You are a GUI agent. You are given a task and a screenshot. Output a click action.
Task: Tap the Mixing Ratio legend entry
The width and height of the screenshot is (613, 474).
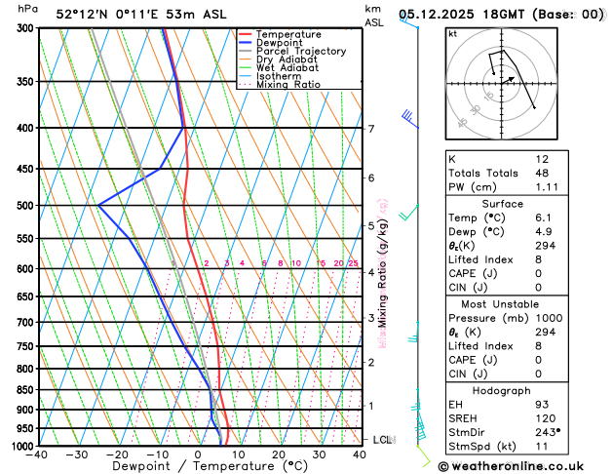tap(291, 84)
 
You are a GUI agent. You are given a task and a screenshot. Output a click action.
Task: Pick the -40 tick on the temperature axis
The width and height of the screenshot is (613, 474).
tap(38, 454)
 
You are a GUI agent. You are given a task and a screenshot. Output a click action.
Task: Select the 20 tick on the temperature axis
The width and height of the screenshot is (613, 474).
tap(279, 454)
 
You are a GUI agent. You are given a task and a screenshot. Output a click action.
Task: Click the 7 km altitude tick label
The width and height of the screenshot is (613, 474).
tap(370, 129)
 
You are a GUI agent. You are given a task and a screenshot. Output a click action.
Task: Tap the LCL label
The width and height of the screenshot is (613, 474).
tap(382, 440)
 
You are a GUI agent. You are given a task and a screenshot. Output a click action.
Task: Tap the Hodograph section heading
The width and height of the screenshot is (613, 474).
tap(501, 390)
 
